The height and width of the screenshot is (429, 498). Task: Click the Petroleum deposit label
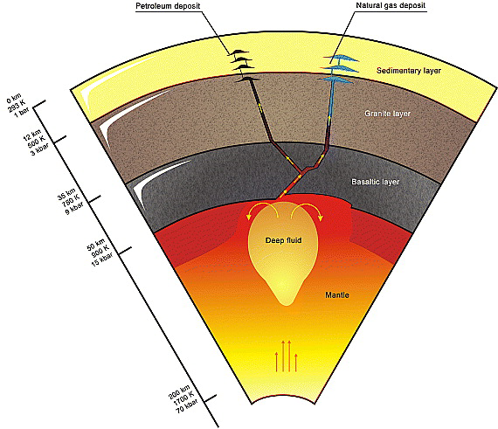pyautogui.click(x=168, y=6)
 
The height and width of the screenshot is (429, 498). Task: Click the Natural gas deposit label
pyautogui.click(x=391, y=5)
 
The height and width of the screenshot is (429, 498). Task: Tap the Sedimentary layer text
pyautogui.click(x=409, y=71)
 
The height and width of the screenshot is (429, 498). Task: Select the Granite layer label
pyautogui.click(x=387, y=114)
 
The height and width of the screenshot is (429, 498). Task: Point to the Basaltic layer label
pyautogui.click(x=376, y=182)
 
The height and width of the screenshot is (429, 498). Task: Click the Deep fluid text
pyautogui.click(x=283, y=240)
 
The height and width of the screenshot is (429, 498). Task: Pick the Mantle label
pyautogui.click(x=337, y=295)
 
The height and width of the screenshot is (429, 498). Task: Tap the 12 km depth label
pyautogui.click(x=31, y=135)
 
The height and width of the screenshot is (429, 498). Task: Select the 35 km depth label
pyautogui.click(x=66, y=194)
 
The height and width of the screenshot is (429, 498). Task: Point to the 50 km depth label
pyautogui.click(x=96, y=245)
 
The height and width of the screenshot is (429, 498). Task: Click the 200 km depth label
pyautogui.click(x=179, y=391)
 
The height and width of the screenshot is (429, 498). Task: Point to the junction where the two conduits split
pyautogui.click(x=302, y=173)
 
